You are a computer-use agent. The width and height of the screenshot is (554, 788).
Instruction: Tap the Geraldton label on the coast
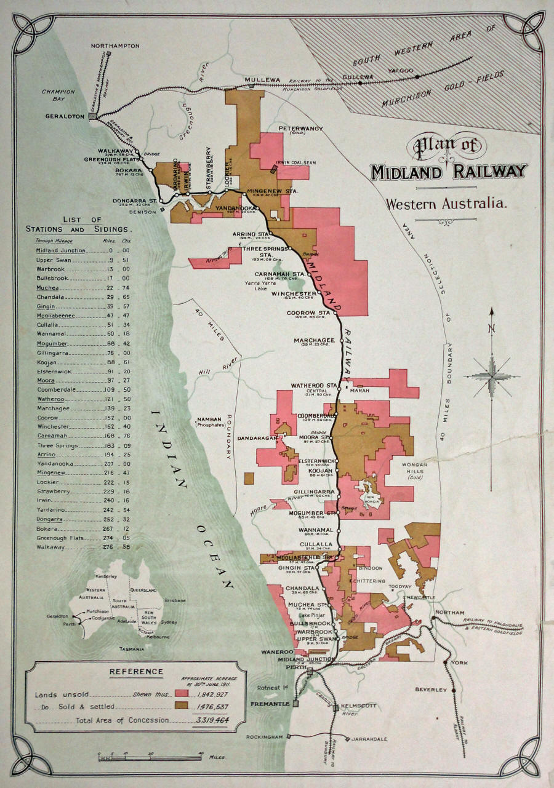coord(64,116)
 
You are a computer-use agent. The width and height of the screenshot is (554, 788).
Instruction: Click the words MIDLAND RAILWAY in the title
coord(448,172)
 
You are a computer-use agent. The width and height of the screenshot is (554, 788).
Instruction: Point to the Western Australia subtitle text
coord(446,203)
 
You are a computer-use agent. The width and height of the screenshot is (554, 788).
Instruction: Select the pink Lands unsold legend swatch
coord(181,694)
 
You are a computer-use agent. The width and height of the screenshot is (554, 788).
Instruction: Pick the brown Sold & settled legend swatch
coord(181,707)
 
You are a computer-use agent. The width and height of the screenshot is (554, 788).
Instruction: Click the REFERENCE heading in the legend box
coord(136,672)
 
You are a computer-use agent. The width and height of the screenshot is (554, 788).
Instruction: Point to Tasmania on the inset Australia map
coord(132,649)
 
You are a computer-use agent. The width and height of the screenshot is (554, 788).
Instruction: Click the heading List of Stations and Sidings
coord(82,224)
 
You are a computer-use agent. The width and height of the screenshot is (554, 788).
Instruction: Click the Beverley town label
coord(430,690)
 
